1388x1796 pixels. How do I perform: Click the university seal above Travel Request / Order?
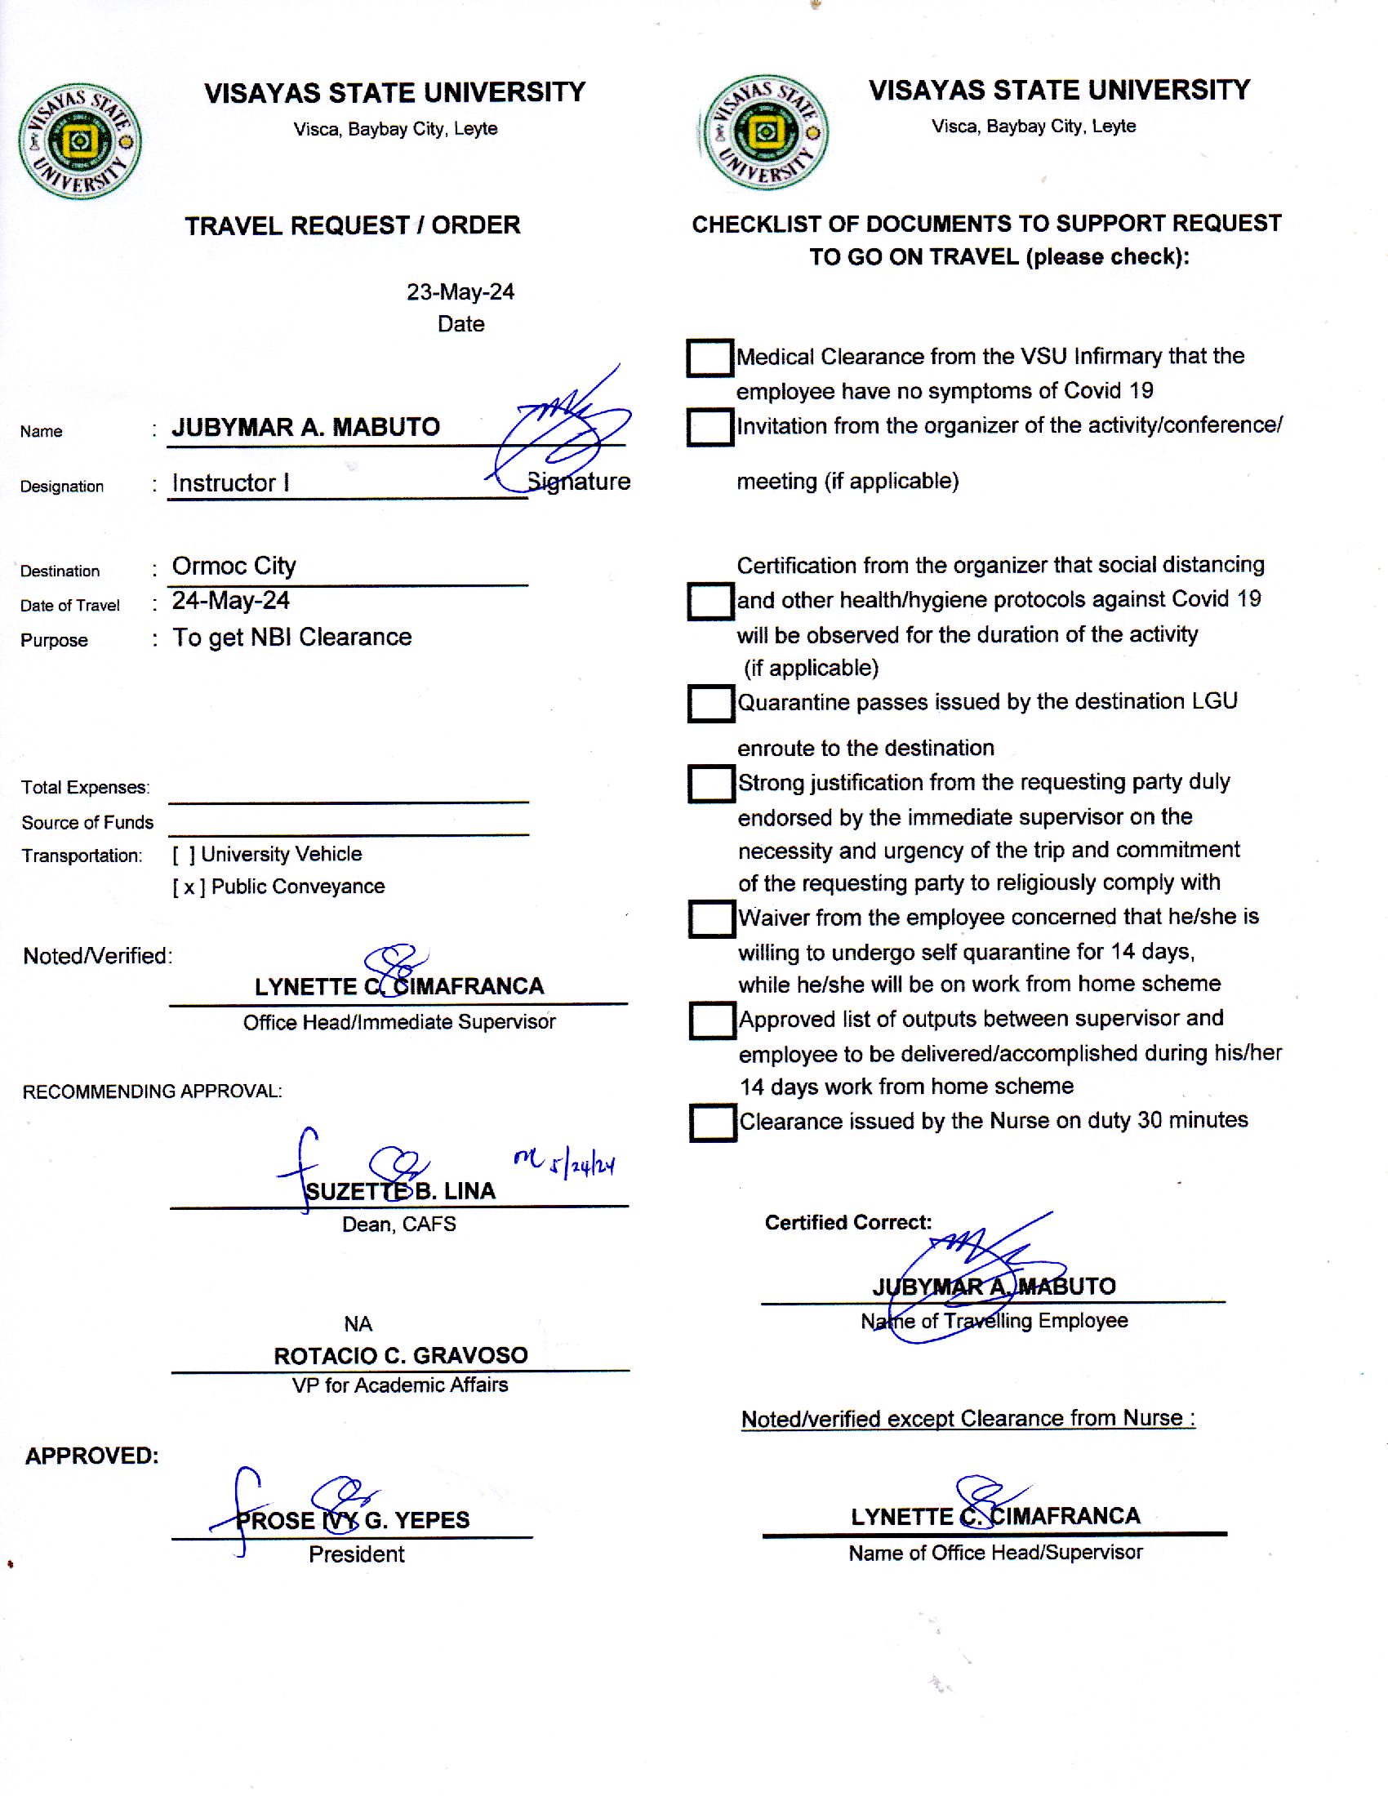click(x=80, y=140)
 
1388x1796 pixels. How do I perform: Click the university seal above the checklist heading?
click(x=765, y=132)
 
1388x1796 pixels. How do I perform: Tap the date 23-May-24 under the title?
click(x=460, y=292)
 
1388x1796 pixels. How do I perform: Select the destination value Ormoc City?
click(x=234, y=566)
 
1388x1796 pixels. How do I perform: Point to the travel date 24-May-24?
click(x=230, y=601)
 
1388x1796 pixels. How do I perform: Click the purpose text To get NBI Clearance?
click(x=291, y=638)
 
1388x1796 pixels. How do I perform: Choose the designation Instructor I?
click(x=230, y=482)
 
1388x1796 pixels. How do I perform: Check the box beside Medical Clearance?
click(x=710, y=358)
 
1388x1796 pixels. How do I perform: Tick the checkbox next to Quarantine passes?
click(x=710, y=704)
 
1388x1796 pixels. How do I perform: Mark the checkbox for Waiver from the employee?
click(x=711, y=919)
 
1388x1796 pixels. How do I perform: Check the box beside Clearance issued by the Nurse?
click(x=712, y=1122)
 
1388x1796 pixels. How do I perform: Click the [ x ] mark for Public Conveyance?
click(x=189, y=887)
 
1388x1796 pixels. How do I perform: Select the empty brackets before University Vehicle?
click(x=184, y=855)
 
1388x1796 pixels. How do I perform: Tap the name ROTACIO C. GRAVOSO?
click(x=400, y=1355)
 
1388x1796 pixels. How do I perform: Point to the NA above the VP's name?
click(x=358, y=1324)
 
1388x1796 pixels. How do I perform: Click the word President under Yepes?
click(x=356, y=1554)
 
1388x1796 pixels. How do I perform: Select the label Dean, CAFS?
click(x=398, y=1225)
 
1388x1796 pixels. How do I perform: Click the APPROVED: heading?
click(x=91, y=1456)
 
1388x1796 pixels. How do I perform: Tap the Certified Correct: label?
click(x=847, y=1223)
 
